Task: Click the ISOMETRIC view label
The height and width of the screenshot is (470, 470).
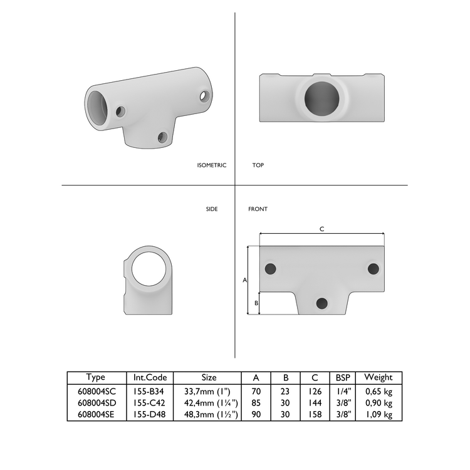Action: (x=211, y=165)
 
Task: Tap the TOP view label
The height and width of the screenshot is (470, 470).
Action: (x=258, y=165)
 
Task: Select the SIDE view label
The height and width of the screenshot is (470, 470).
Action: (x=212, y=209)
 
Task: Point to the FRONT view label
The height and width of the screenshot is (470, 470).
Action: (x=258, y=209)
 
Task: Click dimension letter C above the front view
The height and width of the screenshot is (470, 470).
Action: (x=321, y=229)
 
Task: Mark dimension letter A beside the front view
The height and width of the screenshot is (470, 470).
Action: (x=244, y=280)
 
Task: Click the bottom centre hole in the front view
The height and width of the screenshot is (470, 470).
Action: (x=322, y=303)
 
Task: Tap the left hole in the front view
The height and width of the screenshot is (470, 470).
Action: (x=271, y=268)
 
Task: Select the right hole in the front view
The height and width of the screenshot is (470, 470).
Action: (x=373, y=268)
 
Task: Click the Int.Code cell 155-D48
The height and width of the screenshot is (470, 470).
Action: (x=150, y=414)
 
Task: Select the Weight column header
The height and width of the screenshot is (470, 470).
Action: (x=379, y=378)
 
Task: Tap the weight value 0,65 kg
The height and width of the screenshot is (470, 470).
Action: (x=379, y=391)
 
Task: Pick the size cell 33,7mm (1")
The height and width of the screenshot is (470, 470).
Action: (x=210, y=391)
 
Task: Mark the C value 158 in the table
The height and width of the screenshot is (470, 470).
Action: (x=315, y=414)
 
